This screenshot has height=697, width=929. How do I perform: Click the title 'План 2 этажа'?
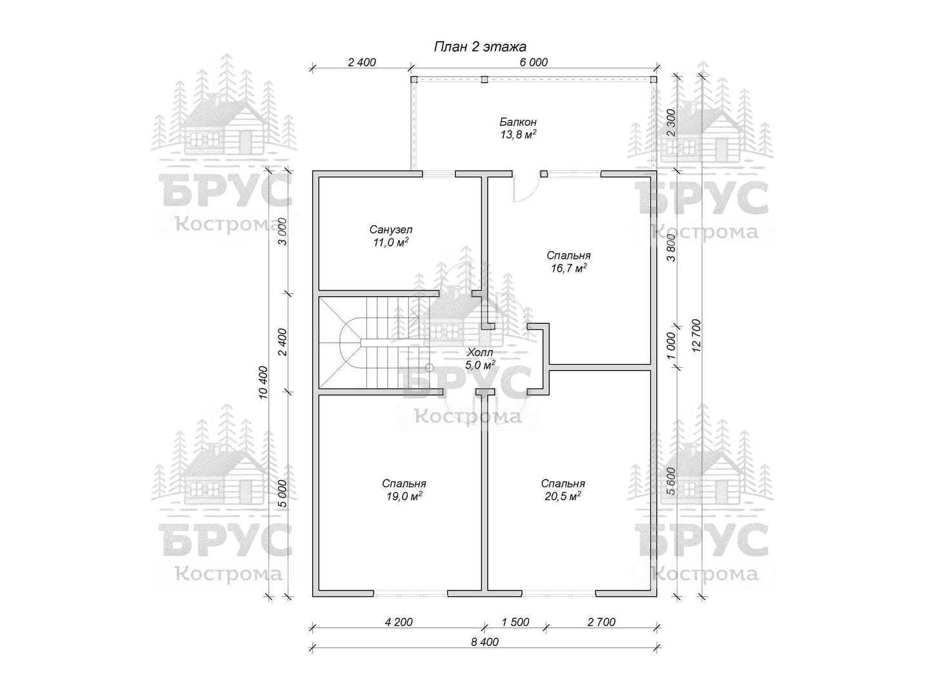coord(480,46)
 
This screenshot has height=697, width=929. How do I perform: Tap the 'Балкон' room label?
coord(517,122)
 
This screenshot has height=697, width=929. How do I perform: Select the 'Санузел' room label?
coord(390,230)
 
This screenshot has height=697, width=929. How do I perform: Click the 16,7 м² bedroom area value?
coord(568,268)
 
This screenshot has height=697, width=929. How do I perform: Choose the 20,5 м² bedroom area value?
coord(563,496)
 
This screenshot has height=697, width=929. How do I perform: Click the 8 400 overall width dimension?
coord(484,642)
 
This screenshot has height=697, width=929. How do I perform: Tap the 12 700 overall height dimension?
coord(696,336)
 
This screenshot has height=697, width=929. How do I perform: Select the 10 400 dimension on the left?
coord(263,383)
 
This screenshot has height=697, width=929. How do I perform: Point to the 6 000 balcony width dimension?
coord(534,62)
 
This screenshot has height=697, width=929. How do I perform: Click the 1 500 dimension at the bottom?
coord(515,621)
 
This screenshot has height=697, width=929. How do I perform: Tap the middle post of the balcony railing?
coord(484,79)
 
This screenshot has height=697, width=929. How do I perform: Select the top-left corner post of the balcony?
coord(414,79)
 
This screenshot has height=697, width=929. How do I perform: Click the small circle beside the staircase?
coord(430,367)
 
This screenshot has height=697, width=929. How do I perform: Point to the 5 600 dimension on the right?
coord(671,481)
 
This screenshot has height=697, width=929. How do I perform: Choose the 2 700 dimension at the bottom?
coord(601,621)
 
